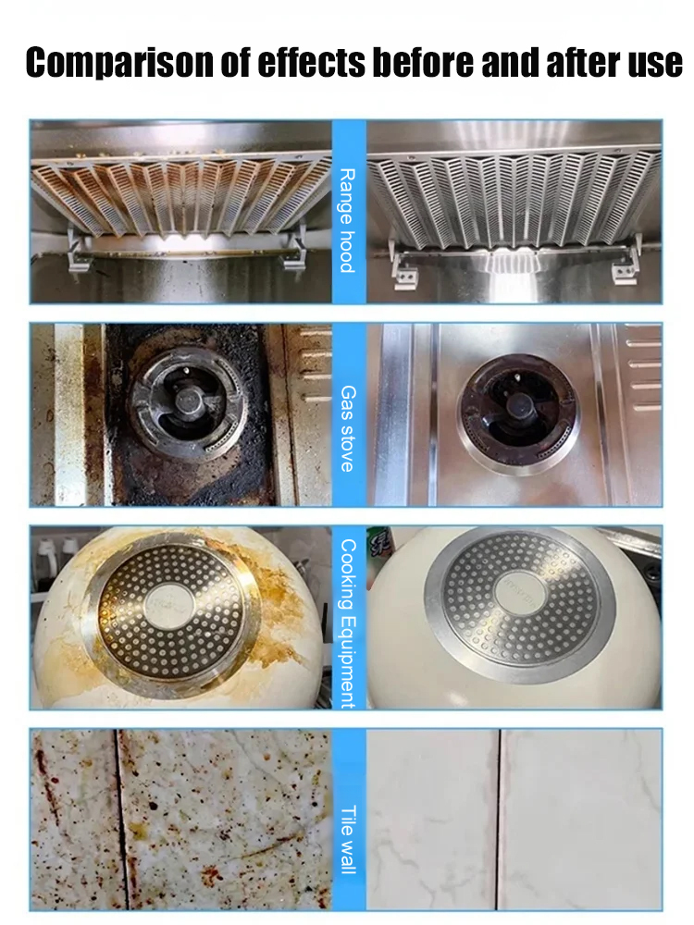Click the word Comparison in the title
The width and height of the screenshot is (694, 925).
pos(119,63)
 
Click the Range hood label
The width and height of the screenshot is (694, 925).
pos(348,220)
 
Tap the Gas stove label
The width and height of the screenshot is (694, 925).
pos(348,428)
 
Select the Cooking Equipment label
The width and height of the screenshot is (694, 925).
pos(348,623)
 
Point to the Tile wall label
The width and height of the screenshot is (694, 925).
pos(348,840)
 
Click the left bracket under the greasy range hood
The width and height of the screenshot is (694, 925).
pos(78,251)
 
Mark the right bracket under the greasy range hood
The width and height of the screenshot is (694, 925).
pos(294,249)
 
